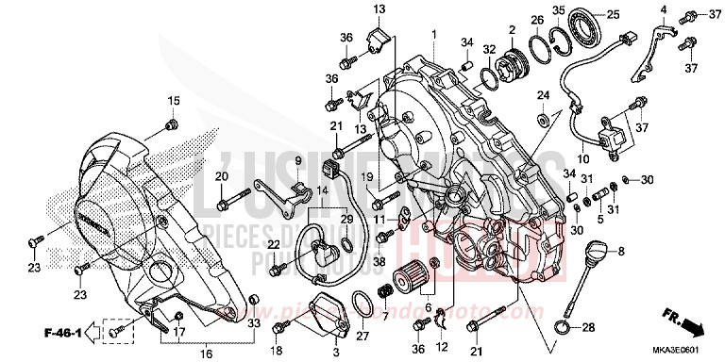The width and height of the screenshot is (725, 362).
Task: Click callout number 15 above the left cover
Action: (173, 101)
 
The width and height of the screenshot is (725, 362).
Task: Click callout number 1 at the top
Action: (434, 34)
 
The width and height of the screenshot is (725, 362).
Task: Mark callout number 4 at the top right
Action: (664, 10)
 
